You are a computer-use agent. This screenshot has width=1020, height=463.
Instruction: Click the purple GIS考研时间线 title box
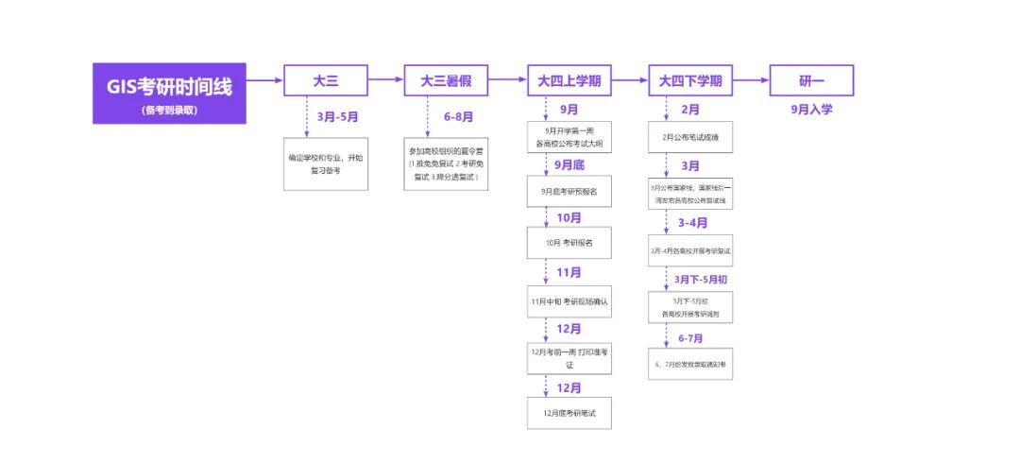169,94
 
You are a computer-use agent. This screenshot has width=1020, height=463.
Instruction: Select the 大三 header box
326,81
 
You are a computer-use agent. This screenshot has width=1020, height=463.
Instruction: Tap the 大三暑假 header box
447,81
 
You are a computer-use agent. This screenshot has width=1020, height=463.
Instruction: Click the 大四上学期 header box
569,81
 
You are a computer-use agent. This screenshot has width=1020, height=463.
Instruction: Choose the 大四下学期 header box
690,81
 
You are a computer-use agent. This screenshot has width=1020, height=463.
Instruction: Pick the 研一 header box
811,81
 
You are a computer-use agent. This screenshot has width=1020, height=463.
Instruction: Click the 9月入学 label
811,110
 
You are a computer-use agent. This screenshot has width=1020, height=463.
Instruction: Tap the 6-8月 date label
458,117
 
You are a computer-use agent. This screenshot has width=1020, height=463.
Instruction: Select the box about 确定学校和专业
326,163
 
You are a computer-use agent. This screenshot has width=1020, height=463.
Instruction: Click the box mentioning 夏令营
447,163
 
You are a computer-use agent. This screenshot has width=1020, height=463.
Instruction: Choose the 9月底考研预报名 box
569,191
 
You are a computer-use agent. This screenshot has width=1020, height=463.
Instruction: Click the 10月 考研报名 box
569,243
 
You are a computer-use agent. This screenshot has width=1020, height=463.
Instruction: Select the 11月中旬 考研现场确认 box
569,301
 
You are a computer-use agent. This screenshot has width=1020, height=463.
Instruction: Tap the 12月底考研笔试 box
569,414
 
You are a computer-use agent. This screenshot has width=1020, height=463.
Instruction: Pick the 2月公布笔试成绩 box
690,137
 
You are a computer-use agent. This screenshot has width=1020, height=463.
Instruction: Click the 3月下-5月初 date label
701,279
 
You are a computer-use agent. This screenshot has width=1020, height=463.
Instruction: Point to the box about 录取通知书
690,362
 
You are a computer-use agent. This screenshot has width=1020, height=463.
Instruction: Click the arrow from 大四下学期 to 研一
751,81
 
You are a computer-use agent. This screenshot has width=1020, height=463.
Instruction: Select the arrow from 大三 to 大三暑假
386,81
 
